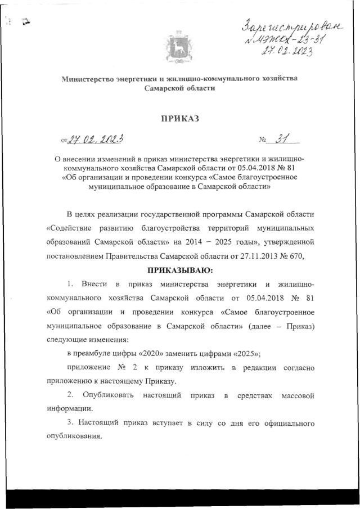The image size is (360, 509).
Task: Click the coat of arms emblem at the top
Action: point(179,47)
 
